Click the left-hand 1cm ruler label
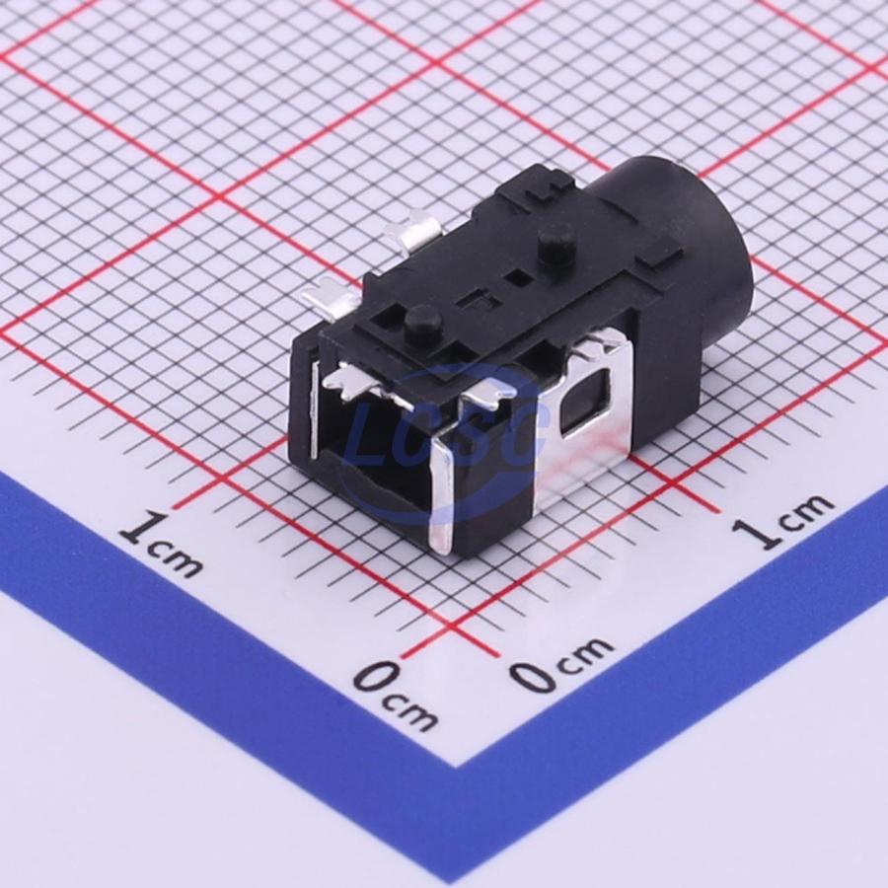(160, 543)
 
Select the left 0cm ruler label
(396, 695)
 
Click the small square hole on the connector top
(518, 276)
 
